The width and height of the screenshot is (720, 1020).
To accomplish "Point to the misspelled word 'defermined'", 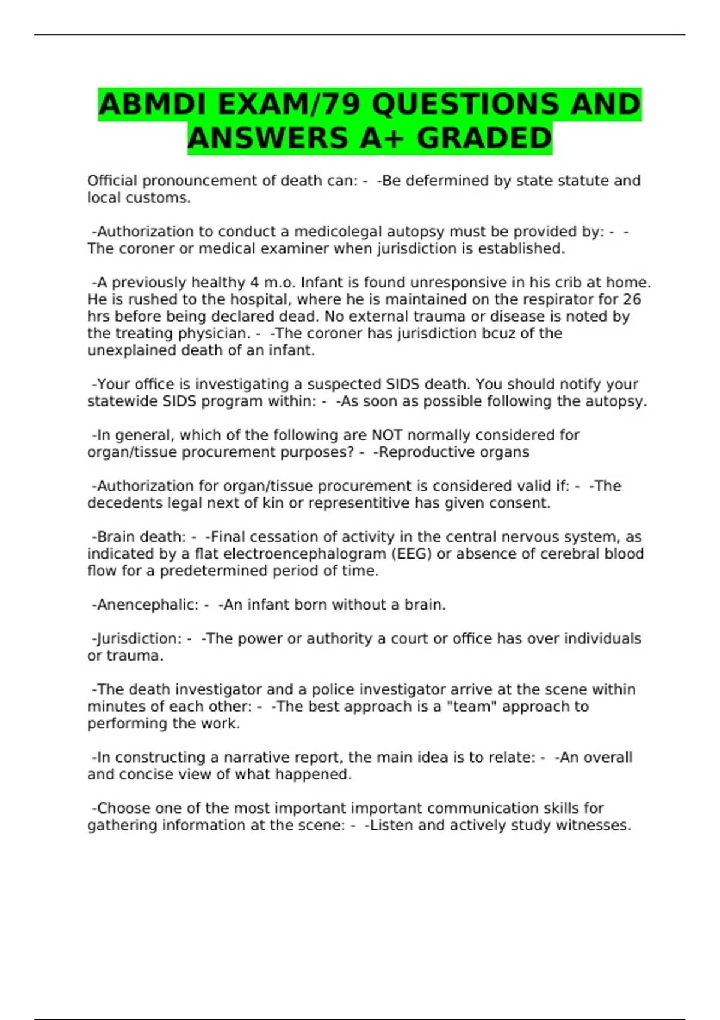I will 448,181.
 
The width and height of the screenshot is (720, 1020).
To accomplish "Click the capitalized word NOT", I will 387,435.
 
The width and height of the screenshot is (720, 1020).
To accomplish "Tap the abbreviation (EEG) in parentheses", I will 412,554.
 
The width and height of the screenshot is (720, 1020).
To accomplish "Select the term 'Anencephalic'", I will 145,605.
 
